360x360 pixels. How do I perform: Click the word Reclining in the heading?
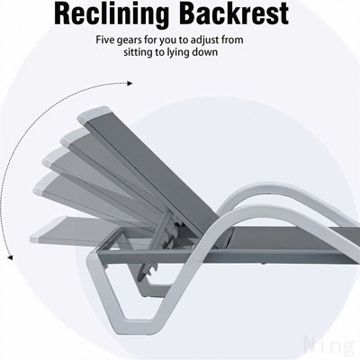click(112, 13)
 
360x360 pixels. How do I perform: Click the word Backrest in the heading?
click(236, 13)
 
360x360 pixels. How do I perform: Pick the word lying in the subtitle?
click(177, 53)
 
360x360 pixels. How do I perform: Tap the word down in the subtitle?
click(205, 52)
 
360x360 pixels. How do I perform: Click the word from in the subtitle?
click(232, 40)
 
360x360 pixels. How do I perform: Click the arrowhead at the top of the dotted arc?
click(130, 84)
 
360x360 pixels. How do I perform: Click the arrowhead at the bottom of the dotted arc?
click(10, 257)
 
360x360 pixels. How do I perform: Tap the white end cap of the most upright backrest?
click(94, 113)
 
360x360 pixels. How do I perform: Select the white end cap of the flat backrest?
click(35, 238)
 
